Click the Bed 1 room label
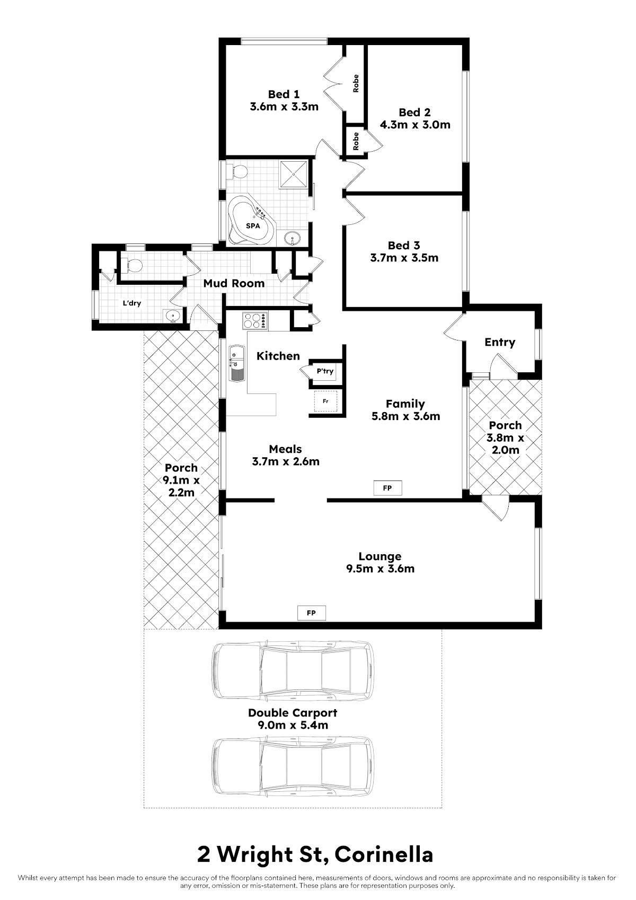[x=284, y=94]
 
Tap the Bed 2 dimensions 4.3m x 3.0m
[x=415, y=125]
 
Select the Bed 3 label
[x=404, y=246]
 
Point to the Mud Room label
[x=234, y=284]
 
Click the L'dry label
[x=131, y=303]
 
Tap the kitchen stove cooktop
[x=255, y=321]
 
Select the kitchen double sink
[x=236, y=363]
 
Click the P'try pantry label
[x=325, y=371]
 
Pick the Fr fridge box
[x=325, y=401]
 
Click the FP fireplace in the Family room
[x=387, y=488]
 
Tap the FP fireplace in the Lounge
[x=311, y=613]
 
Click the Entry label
[x=500, y=343]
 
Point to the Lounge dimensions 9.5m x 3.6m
[x=380, y=569]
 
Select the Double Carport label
[x=293, y=713]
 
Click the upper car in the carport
[x=293, y=670]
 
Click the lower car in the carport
[x=293, y=763]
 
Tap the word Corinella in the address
[x=384, y=855]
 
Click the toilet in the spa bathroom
[x=237, y=171]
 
